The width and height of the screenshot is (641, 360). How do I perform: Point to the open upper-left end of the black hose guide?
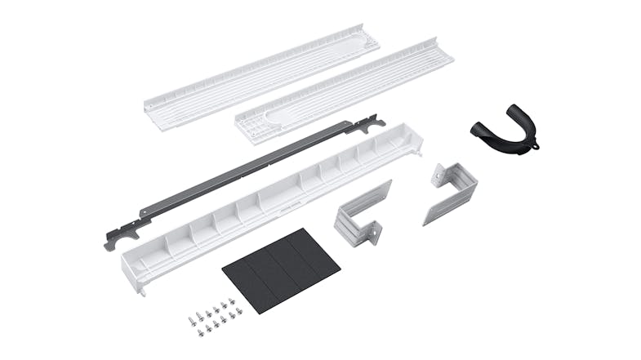click(478, 127)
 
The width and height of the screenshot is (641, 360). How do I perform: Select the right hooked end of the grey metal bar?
click(372, 123)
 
